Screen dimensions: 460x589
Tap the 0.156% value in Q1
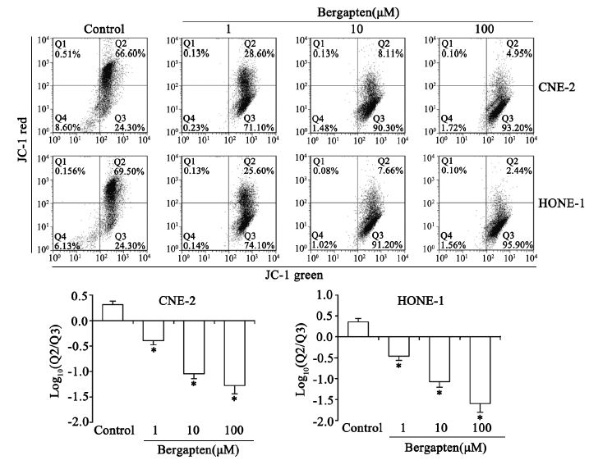pos(69,170)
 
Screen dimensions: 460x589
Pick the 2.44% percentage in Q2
pos(518,170)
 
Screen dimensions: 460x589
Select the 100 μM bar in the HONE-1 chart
pos(480,370)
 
